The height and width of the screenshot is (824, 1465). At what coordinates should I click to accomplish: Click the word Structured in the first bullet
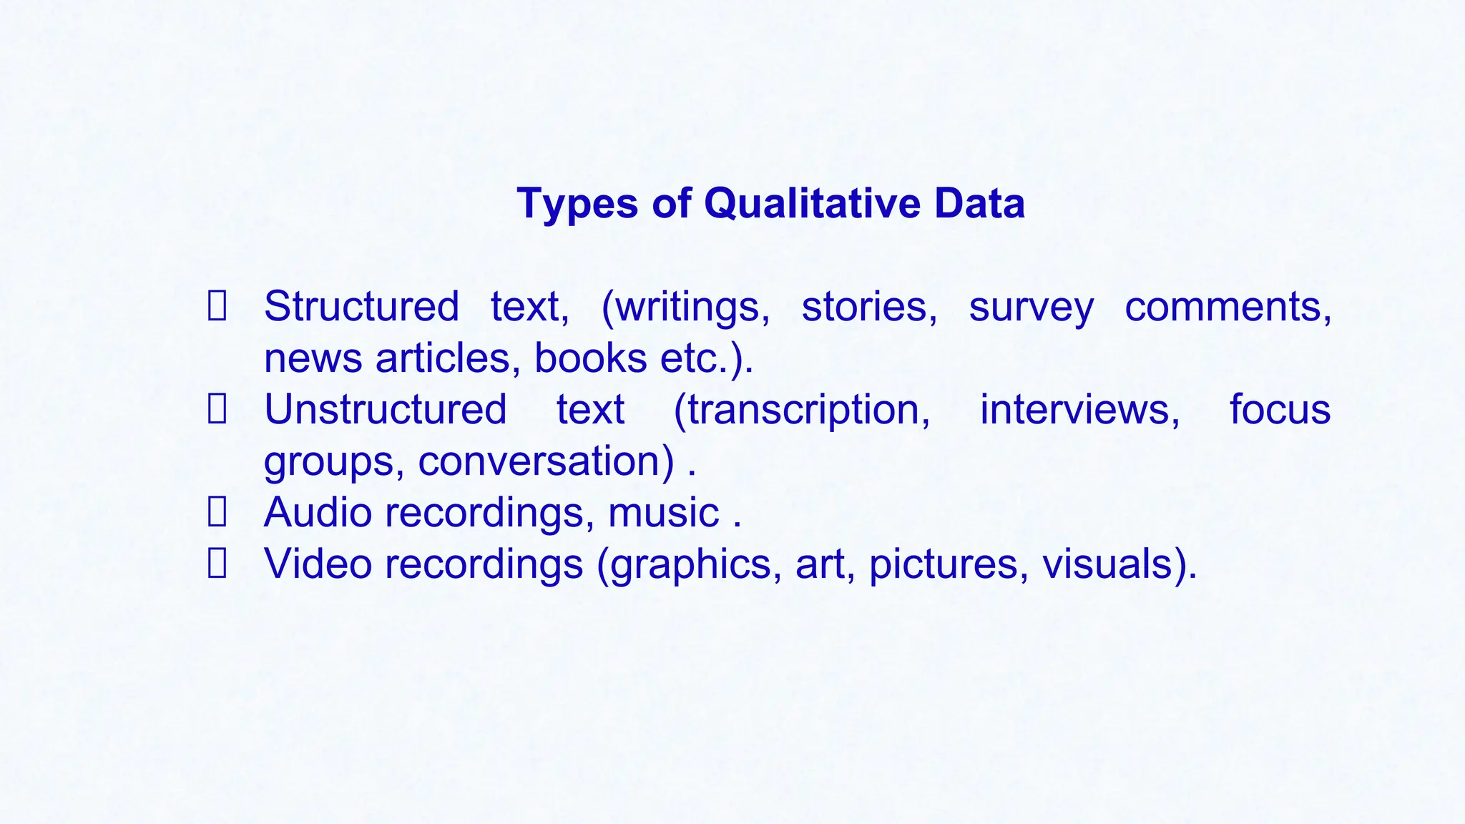pos(361,307)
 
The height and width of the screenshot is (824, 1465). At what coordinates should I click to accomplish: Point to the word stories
pos(868,307)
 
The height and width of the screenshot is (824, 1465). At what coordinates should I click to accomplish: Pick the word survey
pos(1031,308)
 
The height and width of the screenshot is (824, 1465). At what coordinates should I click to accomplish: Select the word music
pos(663,512)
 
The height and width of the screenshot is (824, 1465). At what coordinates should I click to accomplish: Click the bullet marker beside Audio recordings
pos(217,512)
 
